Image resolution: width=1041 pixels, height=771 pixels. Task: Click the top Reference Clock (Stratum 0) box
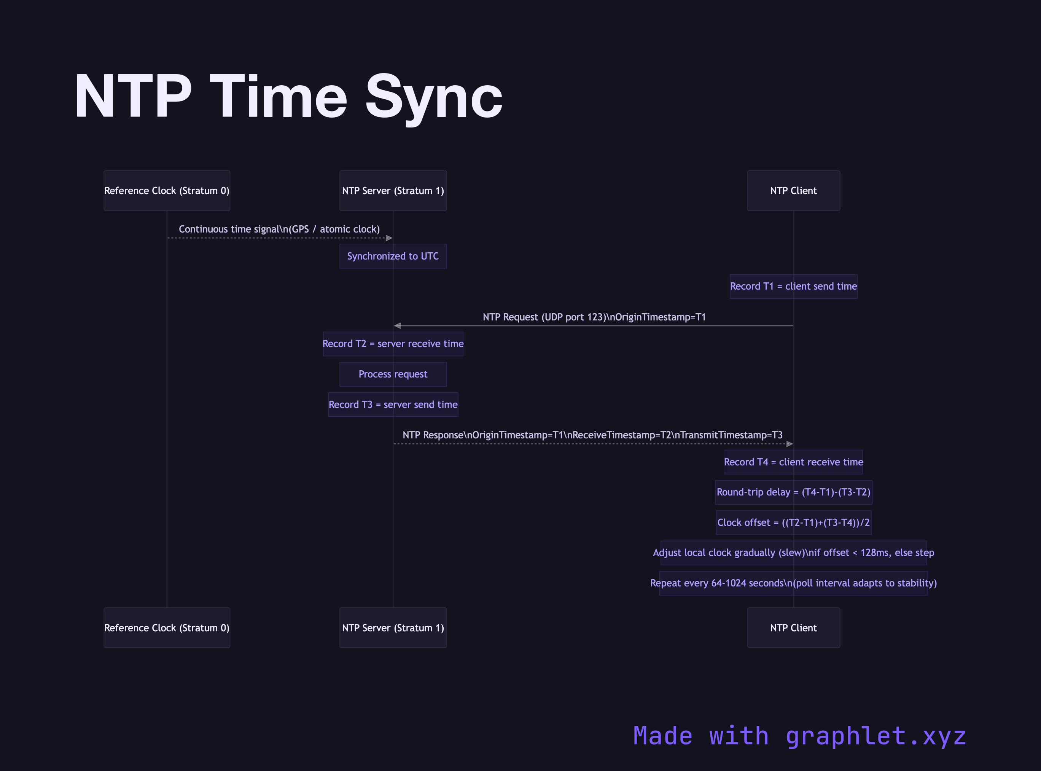167,190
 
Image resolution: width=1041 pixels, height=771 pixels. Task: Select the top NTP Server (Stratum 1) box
393,190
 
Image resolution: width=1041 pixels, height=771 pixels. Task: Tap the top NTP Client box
793,190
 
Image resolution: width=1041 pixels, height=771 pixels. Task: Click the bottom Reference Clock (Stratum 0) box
167,628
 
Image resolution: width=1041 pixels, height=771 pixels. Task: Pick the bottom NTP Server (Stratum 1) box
393,628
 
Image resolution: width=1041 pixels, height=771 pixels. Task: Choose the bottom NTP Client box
793,628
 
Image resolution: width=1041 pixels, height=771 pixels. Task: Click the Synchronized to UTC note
393,256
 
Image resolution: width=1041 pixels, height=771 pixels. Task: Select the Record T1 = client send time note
793,286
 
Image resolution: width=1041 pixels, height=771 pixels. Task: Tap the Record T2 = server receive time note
393,344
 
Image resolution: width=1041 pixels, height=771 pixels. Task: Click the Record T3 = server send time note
393,405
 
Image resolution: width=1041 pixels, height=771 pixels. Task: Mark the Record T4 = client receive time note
793,462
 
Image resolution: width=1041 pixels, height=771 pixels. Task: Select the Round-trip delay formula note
793,492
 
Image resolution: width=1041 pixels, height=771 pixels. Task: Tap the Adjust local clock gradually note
793,553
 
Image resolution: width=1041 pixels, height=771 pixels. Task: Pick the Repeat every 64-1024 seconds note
793,583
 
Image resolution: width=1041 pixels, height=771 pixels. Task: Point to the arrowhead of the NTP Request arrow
397,326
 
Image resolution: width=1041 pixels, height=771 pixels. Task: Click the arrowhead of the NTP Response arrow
790,444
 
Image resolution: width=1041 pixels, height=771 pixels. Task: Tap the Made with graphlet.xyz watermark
799,736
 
